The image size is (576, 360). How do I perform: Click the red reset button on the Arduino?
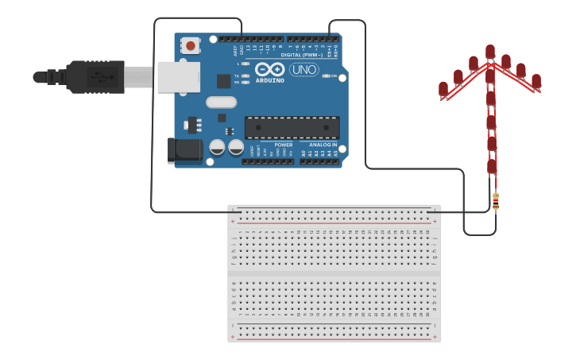tap(190, 46)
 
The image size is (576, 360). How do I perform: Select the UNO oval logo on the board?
tap(303, 70)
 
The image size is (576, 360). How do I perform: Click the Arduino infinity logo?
tap(270, 69)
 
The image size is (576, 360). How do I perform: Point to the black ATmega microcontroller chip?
tap(292, 128)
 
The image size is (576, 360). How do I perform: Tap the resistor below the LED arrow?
tap(496, 202)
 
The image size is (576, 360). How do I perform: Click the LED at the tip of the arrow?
tap(490, 52)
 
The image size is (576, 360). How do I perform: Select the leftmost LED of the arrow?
tap(443, 88)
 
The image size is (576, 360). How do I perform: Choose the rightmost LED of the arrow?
tap(536, 81)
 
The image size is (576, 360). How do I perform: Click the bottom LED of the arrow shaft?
tap(492, 166)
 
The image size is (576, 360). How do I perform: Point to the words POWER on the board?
tap(284, 145)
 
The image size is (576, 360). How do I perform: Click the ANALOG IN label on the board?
tap(319, 145)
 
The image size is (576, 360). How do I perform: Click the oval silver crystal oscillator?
tap(221, 102)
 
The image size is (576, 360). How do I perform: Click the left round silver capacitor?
tap(217, 148)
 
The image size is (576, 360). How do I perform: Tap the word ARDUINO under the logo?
tap(270, 80)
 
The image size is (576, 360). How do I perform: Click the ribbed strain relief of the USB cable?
tap(56, 77)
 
